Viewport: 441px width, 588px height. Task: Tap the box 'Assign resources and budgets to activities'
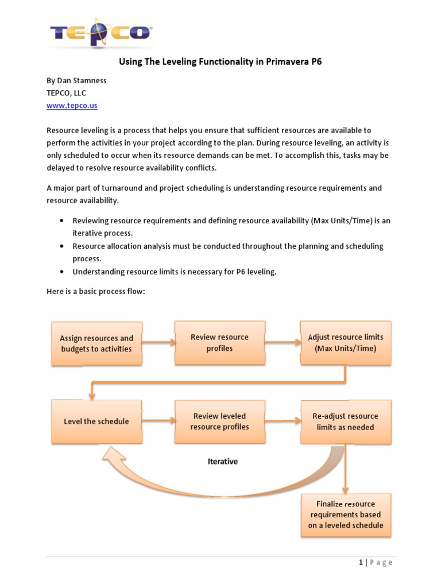coord(96,343)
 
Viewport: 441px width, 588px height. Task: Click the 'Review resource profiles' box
coord(219,343)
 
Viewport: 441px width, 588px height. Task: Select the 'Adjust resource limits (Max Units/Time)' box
coord(345,343)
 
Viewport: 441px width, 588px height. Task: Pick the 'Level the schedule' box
coord(96,421)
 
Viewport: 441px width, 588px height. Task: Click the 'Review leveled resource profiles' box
coord(219,421)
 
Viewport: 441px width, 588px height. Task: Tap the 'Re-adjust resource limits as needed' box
coord(345,421)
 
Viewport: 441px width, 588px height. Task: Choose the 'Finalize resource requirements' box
coord(345,514)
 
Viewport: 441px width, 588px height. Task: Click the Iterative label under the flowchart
coord(222,461)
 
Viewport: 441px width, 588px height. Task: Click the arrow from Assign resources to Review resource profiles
coord(158,343)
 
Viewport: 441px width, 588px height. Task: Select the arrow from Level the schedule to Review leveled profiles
coord(158,421)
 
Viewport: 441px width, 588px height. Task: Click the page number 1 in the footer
coord(361,562)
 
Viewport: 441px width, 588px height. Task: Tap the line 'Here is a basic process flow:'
coord(96,292)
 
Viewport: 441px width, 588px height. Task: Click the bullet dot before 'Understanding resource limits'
coord(61,272)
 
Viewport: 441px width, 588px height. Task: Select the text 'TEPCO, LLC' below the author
coord(66,93)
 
